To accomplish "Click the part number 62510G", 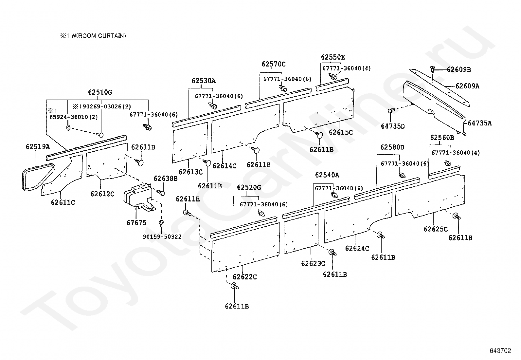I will pos(100,92).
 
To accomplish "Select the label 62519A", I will pos(38,147).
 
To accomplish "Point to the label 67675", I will pos(136,223).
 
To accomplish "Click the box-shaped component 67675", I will pos(137,199).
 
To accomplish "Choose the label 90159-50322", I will pos(162,237).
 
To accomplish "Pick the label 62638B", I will pos(165,179).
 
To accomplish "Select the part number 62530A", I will pos(204,81).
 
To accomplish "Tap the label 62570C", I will pos(274,64).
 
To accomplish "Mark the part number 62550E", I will pos(333,57).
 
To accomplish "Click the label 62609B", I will pos(459,69).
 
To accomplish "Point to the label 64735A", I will pos(480,123).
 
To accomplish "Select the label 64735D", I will pos(393,126).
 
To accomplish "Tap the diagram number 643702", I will pos(500,351).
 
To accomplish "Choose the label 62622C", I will pos(245,277).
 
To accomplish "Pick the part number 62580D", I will pos(392,147).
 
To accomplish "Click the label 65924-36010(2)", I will pos(69,117).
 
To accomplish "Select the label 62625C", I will pos(436,229).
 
